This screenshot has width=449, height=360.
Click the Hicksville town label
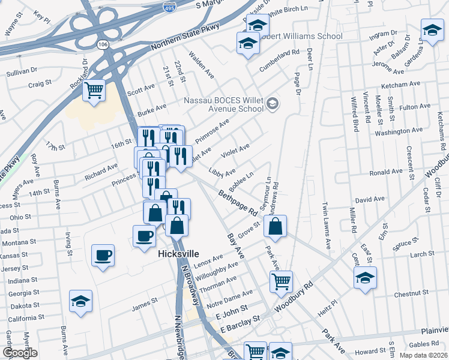(x=178, y=254)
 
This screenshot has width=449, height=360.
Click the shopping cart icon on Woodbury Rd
(x=281, y=281)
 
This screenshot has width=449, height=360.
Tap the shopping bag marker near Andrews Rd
(x=275, y=226)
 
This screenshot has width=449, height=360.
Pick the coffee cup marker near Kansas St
(x=103, y=255)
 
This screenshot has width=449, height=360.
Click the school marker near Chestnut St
(x=364, y=278)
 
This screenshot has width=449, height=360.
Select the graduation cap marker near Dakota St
(x=80, y=301)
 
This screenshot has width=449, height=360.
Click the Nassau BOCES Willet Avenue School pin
(x=273, y=104)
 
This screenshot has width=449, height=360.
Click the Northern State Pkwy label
(x=185, y=38)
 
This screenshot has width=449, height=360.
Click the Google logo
(x=20, y=353)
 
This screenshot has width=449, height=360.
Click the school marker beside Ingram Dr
(x=432, y=28)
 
